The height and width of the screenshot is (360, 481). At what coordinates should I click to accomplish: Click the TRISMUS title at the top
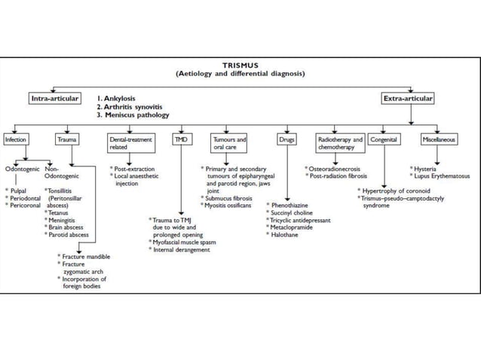pos(240,65)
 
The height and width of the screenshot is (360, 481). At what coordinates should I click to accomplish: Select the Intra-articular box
pos(55,99)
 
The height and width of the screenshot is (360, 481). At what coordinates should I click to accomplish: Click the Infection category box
pos(16,140)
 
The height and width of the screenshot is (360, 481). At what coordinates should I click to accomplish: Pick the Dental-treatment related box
pos(130,143)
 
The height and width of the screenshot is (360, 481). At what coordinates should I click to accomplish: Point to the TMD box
pos(181,140)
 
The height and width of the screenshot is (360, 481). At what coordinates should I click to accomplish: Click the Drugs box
pos(286,140)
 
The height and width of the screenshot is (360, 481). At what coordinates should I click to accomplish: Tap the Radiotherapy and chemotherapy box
pos(339,143)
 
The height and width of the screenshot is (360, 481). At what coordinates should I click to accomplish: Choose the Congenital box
pos(388,140)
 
